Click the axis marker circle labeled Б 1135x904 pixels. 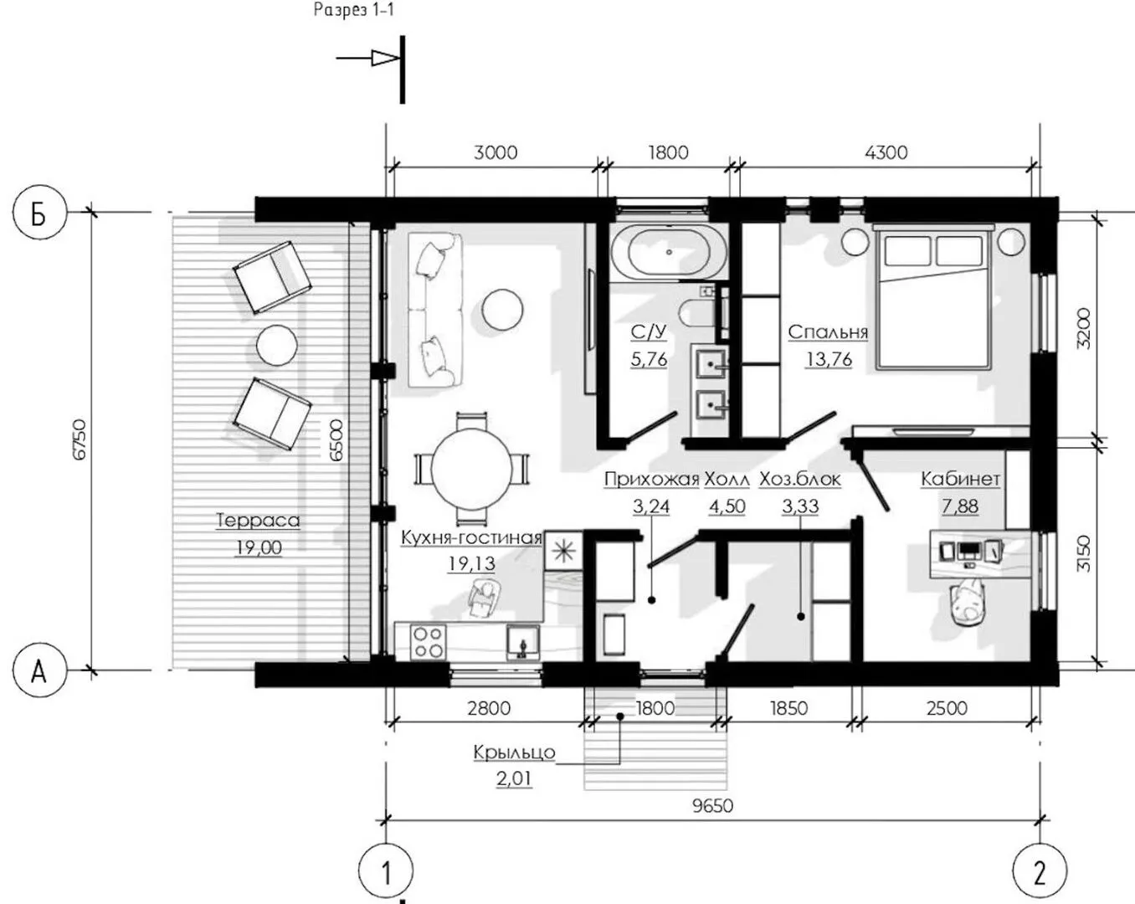[39, 213]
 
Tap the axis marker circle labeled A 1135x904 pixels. [39, 670]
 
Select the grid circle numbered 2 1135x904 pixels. [1039, 871]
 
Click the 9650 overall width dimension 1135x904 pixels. [712, 806]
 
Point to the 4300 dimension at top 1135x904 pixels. [886, 152]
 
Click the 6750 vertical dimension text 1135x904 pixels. [80, 440]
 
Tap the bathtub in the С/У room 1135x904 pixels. [669, 252]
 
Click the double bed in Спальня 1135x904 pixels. [932, 296]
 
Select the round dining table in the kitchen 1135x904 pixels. [471, 469]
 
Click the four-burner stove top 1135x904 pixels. [429, 641]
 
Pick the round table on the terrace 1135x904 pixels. [276, 345]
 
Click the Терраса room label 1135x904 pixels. [258, 521]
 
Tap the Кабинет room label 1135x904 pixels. [960, 479]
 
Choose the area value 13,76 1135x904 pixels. [829, 359]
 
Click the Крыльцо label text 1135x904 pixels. [514, 752]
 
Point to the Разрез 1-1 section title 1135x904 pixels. [353, 9]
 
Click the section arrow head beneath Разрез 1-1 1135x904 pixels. [386, 58]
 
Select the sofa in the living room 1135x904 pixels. [435, 311]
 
